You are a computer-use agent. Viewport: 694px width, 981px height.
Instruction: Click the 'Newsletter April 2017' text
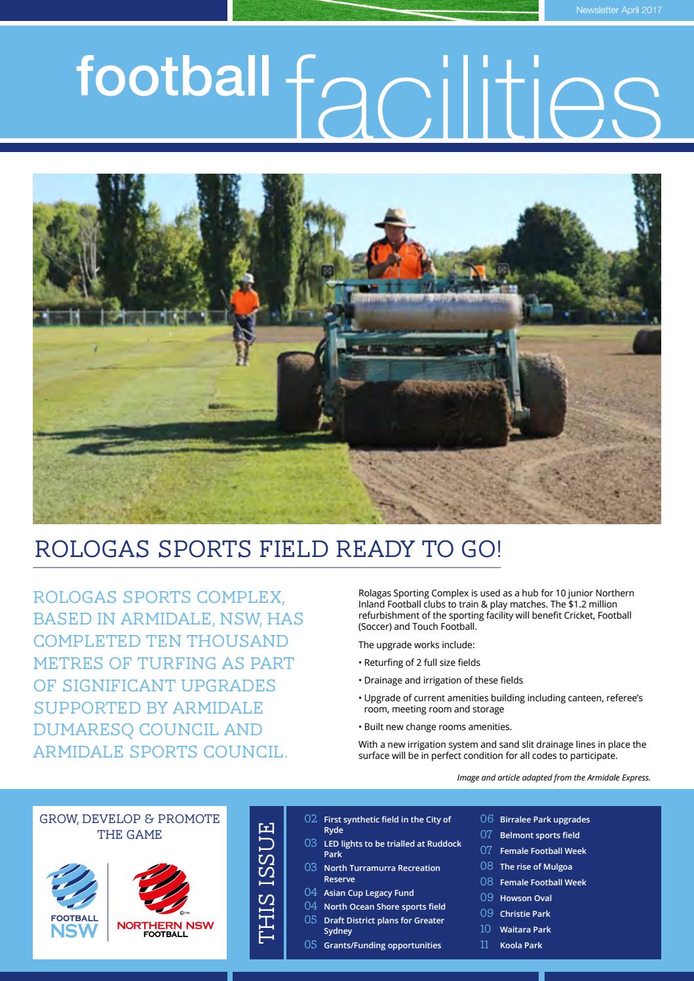coord(618,10)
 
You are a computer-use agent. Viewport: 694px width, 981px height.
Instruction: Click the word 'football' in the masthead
coord(173,77)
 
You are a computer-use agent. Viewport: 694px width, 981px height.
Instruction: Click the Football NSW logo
coord(75,902)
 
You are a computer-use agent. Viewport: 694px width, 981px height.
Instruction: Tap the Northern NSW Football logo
coord(164,901)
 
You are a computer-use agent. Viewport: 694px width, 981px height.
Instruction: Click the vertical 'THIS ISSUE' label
coord(267,882)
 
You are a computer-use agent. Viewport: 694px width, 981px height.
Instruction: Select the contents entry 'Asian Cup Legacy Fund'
coord(368,893)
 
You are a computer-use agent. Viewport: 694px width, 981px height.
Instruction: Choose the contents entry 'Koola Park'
coord(520,945)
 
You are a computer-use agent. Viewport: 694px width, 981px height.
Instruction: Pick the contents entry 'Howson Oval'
coord(526,898)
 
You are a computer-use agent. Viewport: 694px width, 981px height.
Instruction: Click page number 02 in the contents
coord(311,819)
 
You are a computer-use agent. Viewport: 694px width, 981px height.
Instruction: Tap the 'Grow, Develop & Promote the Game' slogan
coord(130,826)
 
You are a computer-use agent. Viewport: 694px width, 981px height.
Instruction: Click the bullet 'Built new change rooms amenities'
coord(437,727)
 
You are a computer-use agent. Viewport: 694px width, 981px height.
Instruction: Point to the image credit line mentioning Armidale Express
coord(554,778)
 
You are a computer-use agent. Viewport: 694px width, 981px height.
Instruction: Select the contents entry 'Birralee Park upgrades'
coord(545,819)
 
